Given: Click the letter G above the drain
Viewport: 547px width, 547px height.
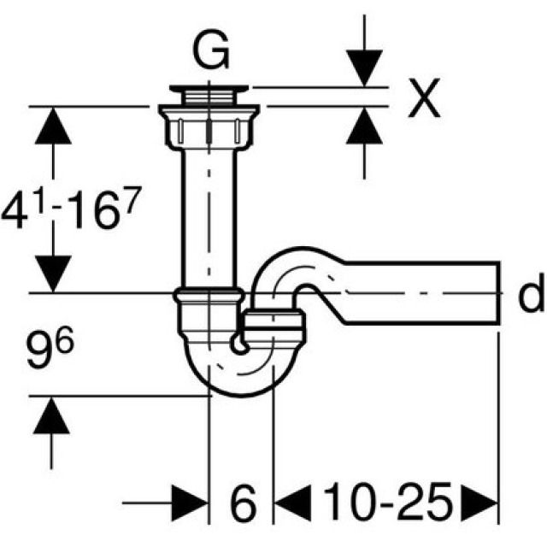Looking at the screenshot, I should [210, 52].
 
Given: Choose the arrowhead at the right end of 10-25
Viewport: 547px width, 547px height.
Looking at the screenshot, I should [480, 503].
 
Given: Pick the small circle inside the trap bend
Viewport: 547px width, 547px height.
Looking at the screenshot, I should [241, 346].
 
